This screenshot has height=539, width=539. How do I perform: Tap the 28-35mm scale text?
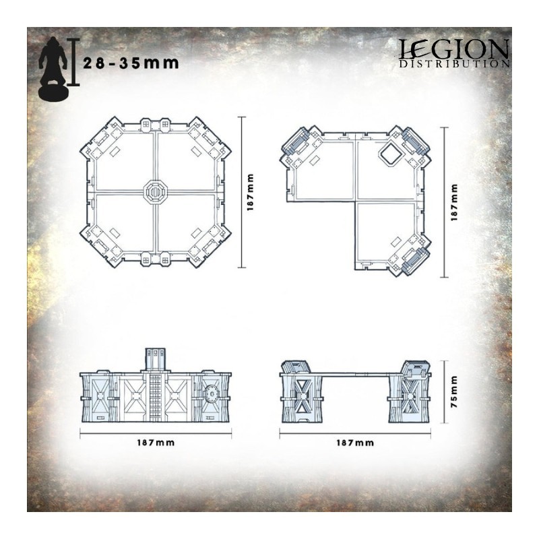131,63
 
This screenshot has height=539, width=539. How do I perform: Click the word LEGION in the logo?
453,49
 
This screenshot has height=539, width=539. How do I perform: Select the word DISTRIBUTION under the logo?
454,63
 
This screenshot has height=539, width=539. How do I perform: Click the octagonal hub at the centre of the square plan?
155,190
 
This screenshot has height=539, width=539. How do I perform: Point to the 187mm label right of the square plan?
250,192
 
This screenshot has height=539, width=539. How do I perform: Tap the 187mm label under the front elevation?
156,443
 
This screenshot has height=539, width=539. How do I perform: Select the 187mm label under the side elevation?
355,443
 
